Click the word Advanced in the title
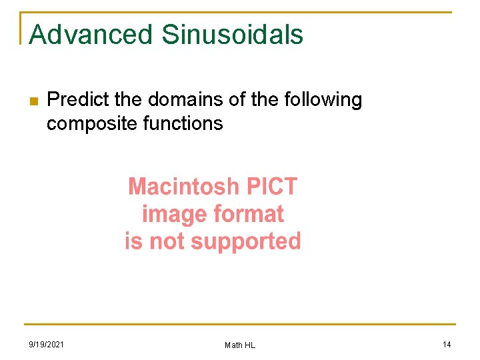click(91, 34)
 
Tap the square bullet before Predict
click(33, 101)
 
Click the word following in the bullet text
click(323, 100)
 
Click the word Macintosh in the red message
click(183, 186)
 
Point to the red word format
click(249, 214)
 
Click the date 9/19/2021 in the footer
click(47, 345)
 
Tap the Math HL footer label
click(240, 345)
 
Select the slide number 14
click(447, 345)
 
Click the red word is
click(133, 241)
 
